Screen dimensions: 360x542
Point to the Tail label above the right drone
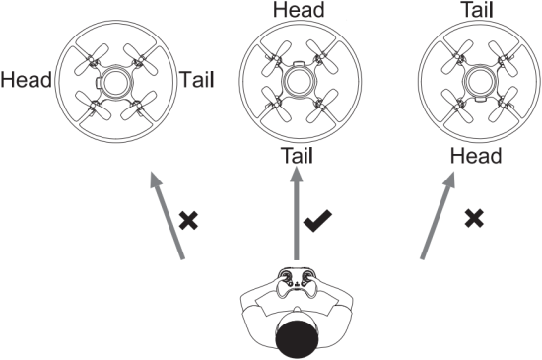(x=476, y=11)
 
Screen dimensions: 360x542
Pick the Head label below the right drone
(x=476, y=156)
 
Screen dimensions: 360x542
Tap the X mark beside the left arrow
(x=187, y=218)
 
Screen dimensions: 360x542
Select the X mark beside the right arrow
(x=474, y=218)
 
